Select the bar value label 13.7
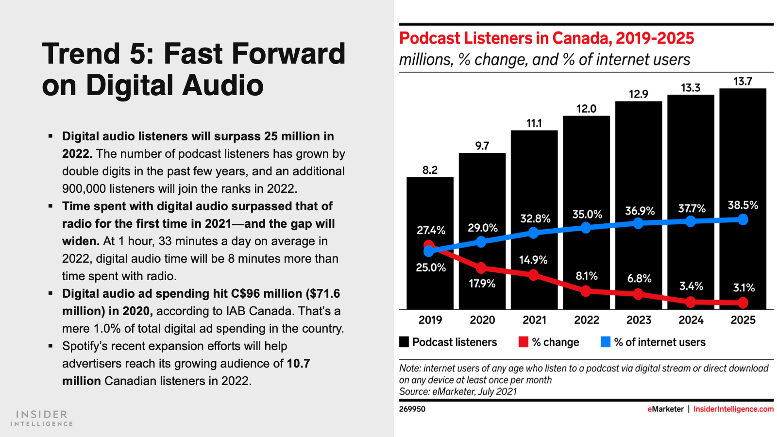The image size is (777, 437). [x=743, y=82]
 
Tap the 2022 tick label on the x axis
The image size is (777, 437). [x=587, y=320]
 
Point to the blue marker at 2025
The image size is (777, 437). [x=743, y=219]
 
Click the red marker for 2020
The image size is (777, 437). [x=481, y=268]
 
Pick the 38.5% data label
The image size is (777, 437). [x=743, y=205]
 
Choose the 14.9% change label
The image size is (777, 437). [x=533, y=260]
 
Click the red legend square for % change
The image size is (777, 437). [x=523, y=342]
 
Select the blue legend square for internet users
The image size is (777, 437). [x=605, y=342]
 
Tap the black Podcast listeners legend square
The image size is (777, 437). [x=404, y=342]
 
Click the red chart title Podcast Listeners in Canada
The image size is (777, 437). [x=546, y=38]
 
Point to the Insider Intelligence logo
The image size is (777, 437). [x=42, y=418]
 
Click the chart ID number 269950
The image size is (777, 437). [x=412, y=409]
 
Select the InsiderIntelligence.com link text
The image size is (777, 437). [x=733, y=409]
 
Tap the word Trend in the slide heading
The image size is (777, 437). [x=81, y=53]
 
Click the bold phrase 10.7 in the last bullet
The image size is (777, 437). [x=298, y=364]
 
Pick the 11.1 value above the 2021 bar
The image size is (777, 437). [x=534, y=123]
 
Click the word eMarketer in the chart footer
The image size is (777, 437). [x=665, y=409]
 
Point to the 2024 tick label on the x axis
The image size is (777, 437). [x=691, y=320]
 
